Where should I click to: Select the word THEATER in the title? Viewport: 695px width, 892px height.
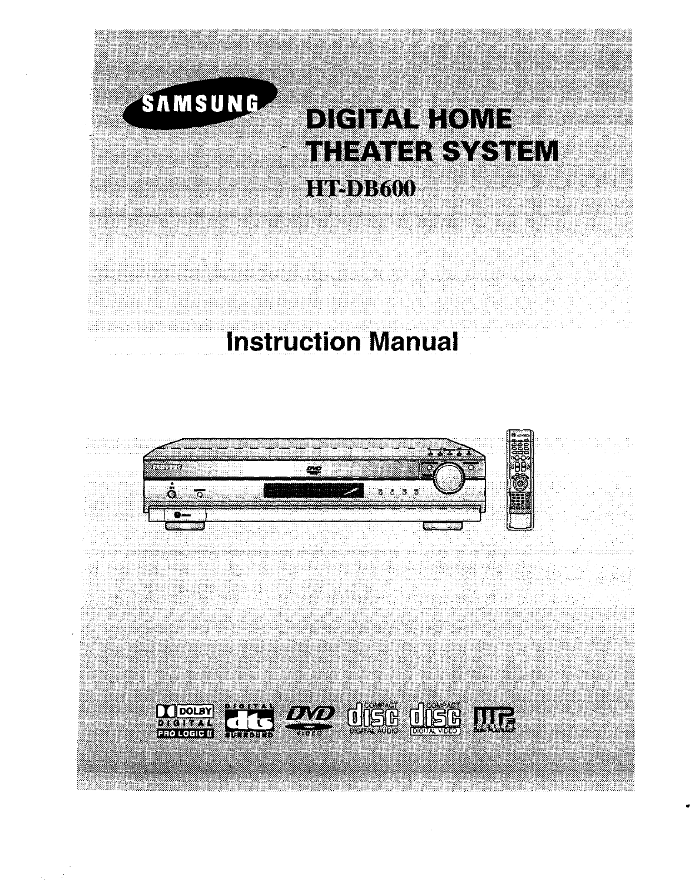[x=367, y=151]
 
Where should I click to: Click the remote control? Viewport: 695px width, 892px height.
[x=519, y=479]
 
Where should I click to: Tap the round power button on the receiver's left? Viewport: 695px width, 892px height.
[x=172, y=493]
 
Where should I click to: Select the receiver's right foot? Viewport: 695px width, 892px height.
[x=444, y=525]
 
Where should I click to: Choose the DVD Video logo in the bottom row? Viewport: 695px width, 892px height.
[x=310, y=720]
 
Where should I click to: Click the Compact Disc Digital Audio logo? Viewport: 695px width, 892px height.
[x=373, y=719]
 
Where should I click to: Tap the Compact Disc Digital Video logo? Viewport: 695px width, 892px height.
[x=435, y=719]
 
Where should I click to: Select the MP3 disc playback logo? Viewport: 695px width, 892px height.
[x=493, y=720]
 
